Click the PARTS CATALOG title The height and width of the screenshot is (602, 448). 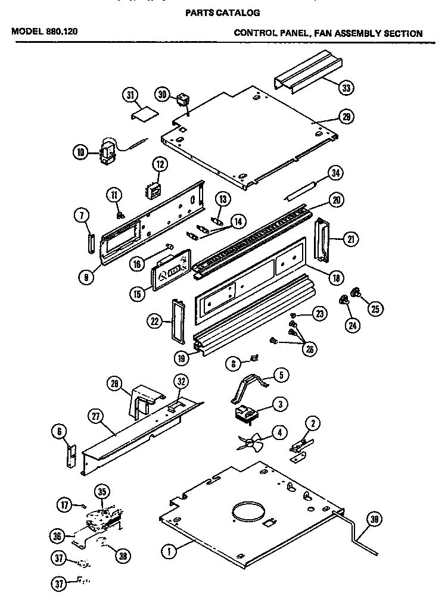[223, 12]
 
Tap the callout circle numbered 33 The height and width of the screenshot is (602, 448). [346, 88]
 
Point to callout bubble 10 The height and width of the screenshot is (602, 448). [80, 152]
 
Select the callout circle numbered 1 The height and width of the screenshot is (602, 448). [169, 551]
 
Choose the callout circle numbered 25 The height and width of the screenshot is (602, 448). [376, 308]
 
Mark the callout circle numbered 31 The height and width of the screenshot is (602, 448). [130, 94]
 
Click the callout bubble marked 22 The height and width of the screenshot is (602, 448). [155, 322]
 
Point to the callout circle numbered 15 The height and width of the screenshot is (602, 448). [137, 293]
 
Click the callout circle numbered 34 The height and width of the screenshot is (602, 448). [336, 174]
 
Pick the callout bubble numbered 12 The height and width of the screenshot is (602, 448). [159, 164]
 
